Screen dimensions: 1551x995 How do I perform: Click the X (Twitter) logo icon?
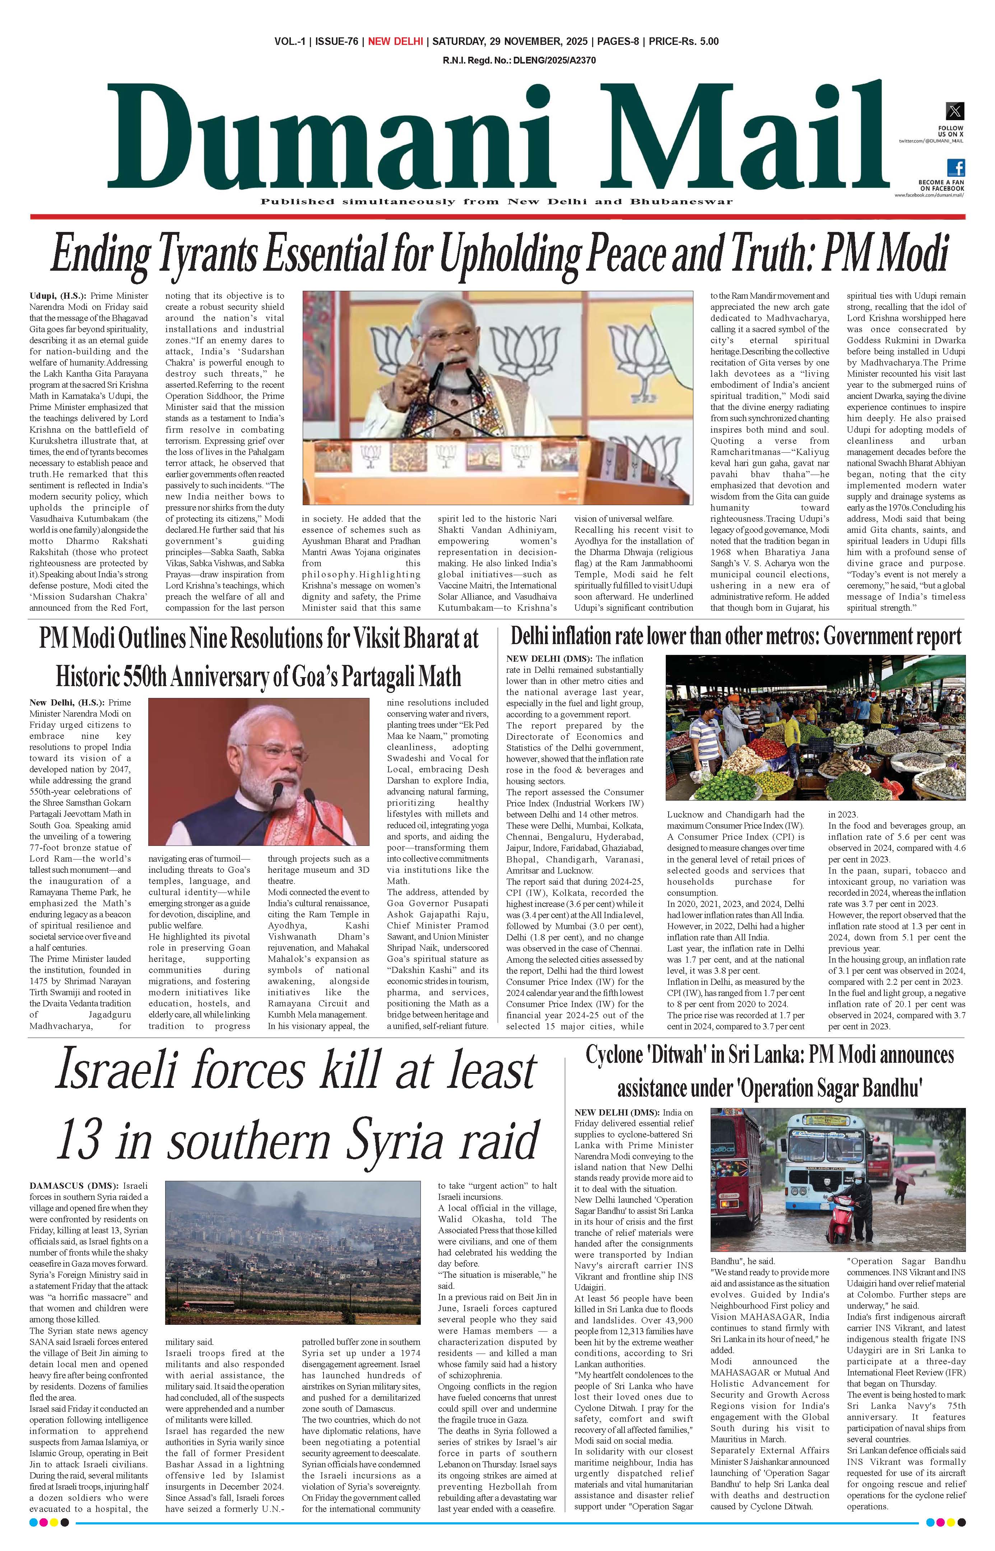coord(954,111)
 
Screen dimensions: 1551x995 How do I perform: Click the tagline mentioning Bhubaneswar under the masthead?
coord(496,201)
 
